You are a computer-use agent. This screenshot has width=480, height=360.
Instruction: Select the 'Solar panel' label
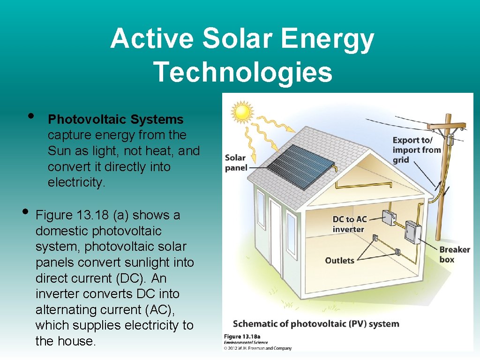(x=236, y=163)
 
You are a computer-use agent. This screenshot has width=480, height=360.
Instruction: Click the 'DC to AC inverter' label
(x=349, y=224)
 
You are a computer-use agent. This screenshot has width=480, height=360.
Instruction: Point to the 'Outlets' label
(x=339, y=260)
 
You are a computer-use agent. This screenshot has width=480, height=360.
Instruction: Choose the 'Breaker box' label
(x=454, y=254)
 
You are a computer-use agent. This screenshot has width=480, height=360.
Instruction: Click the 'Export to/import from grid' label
(x=416, y=150)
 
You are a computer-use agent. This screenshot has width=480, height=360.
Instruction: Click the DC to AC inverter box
(x=389, y=217)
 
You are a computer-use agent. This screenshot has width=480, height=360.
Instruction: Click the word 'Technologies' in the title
(x=243, y=72)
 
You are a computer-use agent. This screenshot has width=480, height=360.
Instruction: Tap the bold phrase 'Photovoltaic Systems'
(x=116, y=120)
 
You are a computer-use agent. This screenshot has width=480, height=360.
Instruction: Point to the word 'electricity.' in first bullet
(x=76, y=182)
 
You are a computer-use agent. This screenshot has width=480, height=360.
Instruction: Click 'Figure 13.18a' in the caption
(x=241, y=337)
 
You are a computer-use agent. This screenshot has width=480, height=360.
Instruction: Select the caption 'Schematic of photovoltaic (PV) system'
(x=315, y=324)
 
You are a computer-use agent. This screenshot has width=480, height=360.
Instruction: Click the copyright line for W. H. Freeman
(x=257, y=348)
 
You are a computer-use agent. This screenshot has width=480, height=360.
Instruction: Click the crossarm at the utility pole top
(x=446, y=126)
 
